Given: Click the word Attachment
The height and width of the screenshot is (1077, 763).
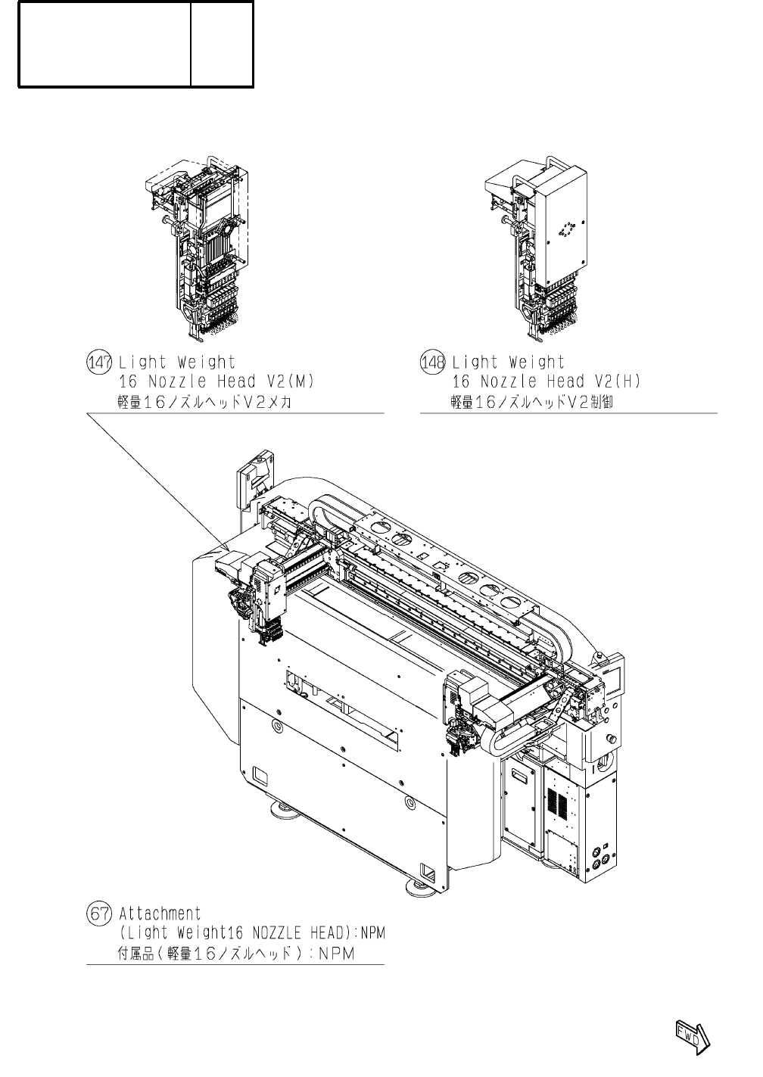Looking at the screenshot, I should click(160, 914).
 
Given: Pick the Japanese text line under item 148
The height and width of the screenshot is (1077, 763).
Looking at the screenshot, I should click(532, 402).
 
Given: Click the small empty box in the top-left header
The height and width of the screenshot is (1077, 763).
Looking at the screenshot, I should click(222, 44).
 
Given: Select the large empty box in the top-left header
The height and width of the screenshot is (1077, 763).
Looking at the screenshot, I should click(104, 44).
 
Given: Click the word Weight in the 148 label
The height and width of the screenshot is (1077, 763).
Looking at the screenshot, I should click(537, 363).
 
